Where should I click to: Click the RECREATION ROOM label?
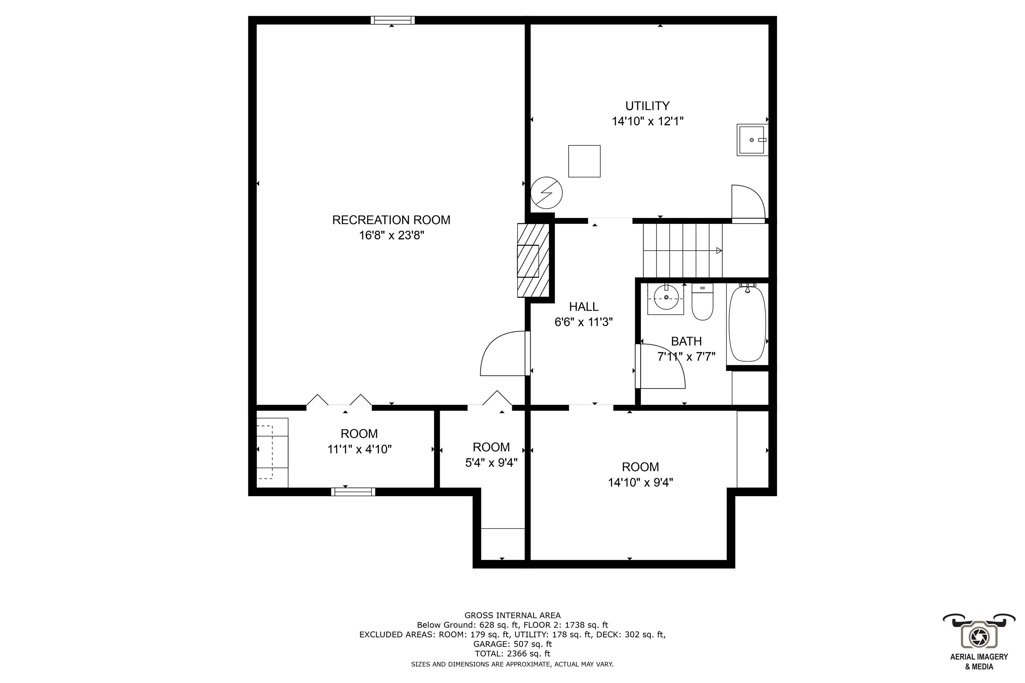point(391,220)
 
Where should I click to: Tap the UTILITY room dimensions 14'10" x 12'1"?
point(647,121)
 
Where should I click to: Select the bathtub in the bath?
point(747,323)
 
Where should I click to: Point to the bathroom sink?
point(665,298)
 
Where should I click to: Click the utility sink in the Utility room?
point(751,140)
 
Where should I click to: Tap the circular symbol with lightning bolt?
point(546,193)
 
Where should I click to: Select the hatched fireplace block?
point(533,261)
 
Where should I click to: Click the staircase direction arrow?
point(718,251)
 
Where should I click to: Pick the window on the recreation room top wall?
point(392,20)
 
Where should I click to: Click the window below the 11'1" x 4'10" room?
point(353,492)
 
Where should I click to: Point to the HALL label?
point(583,307)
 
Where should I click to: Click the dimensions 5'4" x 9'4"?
point(491,462)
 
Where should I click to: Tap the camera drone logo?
point(979,636)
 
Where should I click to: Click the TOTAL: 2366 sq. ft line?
point(512,653)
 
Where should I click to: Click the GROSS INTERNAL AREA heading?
point(512,616)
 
